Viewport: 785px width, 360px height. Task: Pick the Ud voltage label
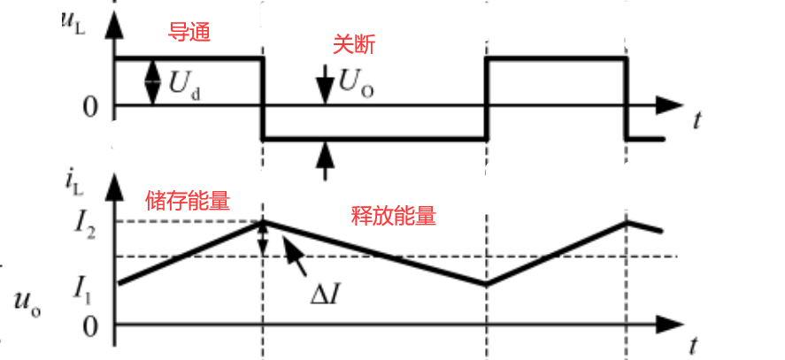pyautogui.click(x=183, y=86)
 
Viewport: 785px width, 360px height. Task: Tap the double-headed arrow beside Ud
pyautogui.click(x=153, y=81)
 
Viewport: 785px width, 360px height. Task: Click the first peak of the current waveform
pyautogui.click(x=263, y=221)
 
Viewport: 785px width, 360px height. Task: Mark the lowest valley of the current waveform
pyautogui.click(x=486, y=284)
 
